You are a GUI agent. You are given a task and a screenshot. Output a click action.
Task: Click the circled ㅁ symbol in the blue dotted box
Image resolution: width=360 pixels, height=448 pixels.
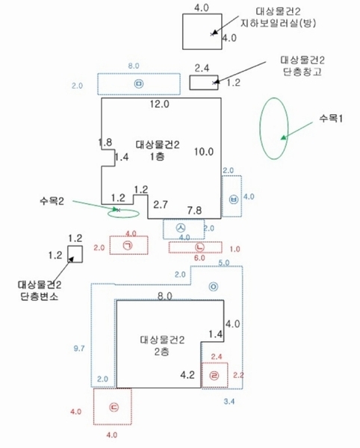click(139, 84)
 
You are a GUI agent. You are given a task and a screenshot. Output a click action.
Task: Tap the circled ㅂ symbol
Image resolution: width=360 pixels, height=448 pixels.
click(234, 199)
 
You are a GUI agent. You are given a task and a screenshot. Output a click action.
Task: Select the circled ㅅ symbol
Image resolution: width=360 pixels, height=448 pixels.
click(181, 228)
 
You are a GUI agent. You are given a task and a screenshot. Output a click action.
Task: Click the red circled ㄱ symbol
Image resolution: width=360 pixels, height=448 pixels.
click(128, 246)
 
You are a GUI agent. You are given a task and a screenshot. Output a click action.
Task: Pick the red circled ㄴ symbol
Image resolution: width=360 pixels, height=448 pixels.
click(199, 247)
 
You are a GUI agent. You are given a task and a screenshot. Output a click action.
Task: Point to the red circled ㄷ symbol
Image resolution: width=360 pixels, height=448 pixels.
click(114, 408)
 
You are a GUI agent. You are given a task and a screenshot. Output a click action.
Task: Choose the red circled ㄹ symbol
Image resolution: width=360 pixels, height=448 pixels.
click(214, 376)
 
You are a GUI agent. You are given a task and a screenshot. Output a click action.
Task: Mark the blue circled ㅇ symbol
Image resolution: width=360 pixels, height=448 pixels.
click(213, 287)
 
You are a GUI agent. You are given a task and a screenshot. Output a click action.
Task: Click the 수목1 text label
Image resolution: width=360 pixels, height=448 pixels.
click(331, 118)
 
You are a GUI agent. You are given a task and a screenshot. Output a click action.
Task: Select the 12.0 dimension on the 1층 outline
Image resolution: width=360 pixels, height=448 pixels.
click(159, 104)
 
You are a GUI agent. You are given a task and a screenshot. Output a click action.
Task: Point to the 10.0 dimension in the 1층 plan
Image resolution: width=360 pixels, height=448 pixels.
click(204, 152)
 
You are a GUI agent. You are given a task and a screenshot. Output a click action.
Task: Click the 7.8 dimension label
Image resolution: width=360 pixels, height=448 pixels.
click(195, 211)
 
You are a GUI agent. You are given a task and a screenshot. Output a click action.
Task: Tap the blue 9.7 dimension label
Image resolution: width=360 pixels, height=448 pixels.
click(79, 348)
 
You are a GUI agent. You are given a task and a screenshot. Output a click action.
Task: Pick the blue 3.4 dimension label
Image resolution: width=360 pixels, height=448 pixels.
click(229, 402)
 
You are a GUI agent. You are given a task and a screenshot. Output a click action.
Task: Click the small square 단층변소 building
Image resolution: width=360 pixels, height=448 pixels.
click(75, 254)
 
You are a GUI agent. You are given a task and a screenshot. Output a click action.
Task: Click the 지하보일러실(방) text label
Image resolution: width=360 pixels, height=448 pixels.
click(279, 23)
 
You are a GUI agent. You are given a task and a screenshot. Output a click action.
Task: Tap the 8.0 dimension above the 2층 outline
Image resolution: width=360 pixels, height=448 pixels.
click(165, 296)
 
